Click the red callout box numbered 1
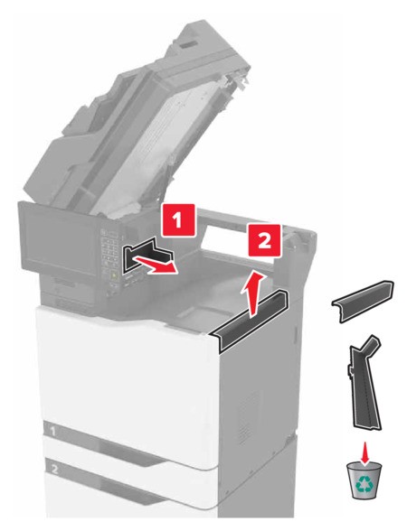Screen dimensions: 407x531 click(x=178, y=220)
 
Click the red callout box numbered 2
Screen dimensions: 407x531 click(x=265, y=240)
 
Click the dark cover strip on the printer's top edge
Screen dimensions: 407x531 click(x=250, y=317)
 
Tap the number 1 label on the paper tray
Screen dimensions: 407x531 click(x=52, y=431)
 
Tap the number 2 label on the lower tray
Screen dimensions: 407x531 click(x=55, y=469)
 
